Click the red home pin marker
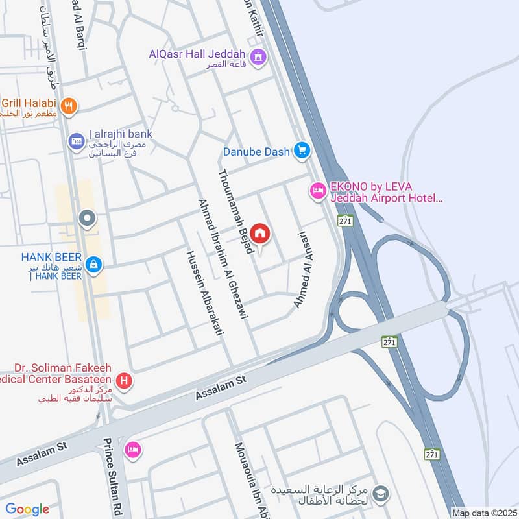pyautogui.click(x=260, y=234)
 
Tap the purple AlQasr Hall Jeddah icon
pyautogui.click(x=259, y=57)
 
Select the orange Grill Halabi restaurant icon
pyautogui.click(x=67, y=105)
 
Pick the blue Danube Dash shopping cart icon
pyautogui.click(x=301, y=151)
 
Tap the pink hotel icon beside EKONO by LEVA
pyautogui.click(x=317, y=191)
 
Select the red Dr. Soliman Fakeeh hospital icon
pyautogui.click(x=123, y=381)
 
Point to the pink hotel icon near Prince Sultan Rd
pyautogui.click(x=133, y=450)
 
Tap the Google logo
pyautogui.click(x=27, y=509)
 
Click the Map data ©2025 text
pyautogui.click(x=484, y=513)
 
